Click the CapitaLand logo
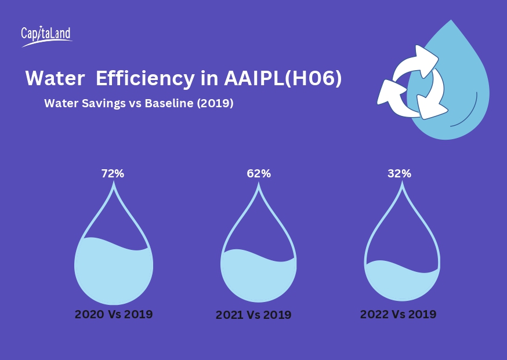tap(46, 36)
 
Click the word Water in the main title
tap(55, 79)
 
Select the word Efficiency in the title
tap(146, 79)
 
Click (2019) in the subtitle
tap(215, 104)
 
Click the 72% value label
tap(113, 173)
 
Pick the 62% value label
tap(259, 173)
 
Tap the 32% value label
tap(399, 173)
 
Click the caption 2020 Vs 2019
tap(114, 314)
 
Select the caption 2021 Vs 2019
tap(253, 315)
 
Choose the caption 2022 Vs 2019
tap(398, 314)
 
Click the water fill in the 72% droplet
tap(114, 272)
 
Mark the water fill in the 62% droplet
tap(259, 278)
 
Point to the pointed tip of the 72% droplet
tap(114, 184)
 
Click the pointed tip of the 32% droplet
tap(401, 184)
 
